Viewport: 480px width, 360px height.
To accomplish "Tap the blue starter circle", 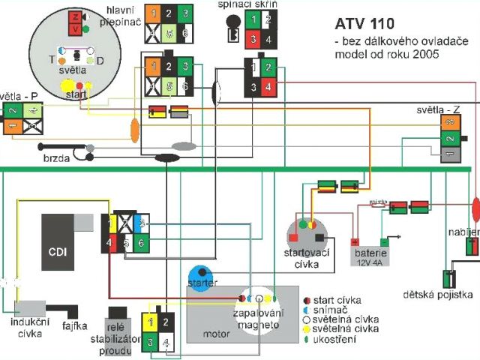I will pos(201,275).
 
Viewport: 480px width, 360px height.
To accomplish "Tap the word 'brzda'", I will pos(57,158).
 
